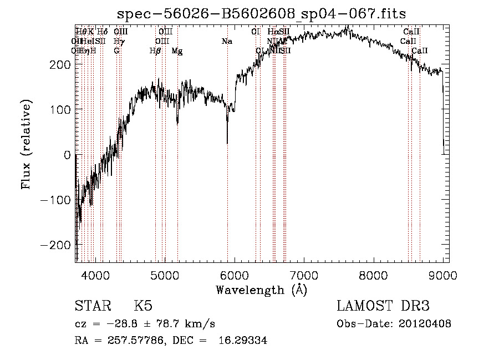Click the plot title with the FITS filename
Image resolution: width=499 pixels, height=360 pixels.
pyautogui.click(x=261, y=14)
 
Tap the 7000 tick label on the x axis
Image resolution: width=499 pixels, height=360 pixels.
pyautogui.click(x=304, y=273)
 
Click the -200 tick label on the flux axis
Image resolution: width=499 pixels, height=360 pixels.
pyautogui.click(x=54, y=245)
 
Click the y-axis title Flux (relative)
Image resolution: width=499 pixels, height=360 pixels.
pyautogui.click(x=27, y=143)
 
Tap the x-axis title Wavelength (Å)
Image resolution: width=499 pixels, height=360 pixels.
pyautogui.click(x=261, y=290)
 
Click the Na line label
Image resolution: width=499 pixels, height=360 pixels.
pyautogui.click(x=226, y=42)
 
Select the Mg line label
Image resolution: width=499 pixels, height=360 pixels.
pyautogui.click(x=177, y=51)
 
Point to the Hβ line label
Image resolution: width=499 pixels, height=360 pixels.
pyautogui.click(x=155, y=51)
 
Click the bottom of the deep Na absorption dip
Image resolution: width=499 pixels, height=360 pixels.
pyautogui.click(x=227, y=143)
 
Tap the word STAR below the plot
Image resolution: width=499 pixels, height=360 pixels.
pyautogui.click(x=92, y=307)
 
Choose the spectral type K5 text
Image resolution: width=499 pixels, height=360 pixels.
pyautogui.click(x=143, y=307)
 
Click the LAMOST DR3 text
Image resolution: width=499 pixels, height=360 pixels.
pyautogui.click(x=383, y=307)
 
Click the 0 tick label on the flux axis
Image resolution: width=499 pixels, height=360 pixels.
pyautogui.click(x=68, y=155)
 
